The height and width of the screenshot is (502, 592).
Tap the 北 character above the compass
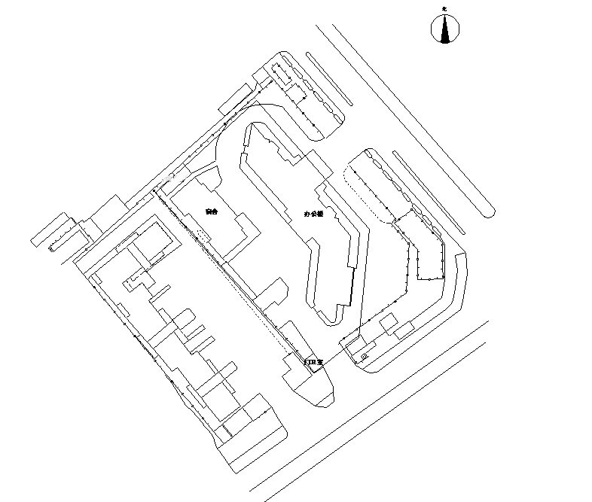point(444,8)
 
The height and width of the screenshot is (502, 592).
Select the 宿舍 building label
point(211,212)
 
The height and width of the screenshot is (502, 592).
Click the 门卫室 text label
point(313,363)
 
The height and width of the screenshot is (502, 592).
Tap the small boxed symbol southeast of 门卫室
point(365,357)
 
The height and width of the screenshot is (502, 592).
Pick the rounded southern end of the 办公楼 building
point(332,321)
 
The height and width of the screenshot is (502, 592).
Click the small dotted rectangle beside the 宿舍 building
point(202,236)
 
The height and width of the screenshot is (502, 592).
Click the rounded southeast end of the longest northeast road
point(489,212)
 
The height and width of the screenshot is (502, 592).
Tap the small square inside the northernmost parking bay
point(276,66)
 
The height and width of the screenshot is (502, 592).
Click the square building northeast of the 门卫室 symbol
point(389,323)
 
